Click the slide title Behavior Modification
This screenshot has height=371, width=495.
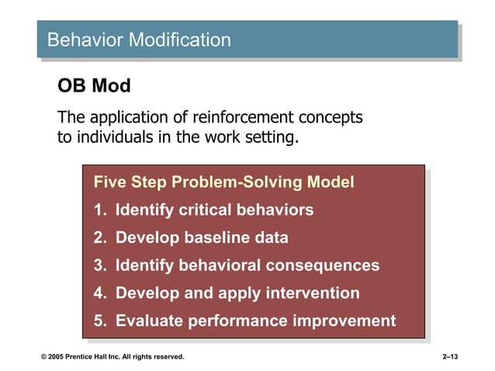[139, 40]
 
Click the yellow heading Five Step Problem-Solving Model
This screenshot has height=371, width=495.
[223, 182]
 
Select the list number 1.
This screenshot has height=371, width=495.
[99, 210]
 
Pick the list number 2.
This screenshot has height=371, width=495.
[99, 238]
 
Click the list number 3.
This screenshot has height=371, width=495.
[99, 265]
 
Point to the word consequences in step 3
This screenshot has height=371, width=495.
[323, 265]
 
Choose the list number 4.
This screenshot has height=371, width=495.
[99, 293]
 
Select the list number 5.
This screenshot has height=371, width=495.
[99, 321]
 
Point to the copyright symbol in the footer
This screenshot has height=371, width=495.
[44, 357]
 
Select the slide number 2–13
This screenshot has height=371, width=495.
[450, 357]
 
